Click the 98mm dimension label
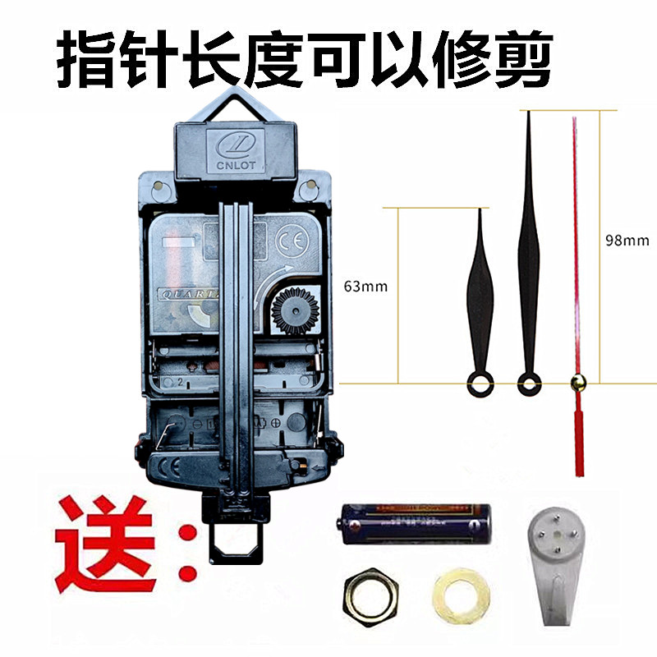pos(625,241)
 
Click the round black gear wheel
pos(292,310)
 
